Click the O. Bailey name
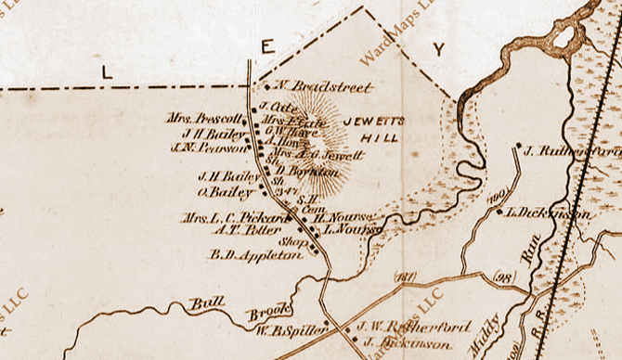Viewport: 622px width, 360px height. pos(225,192)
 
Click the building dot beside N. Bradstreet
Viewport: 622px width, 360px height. pos(266,88)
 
